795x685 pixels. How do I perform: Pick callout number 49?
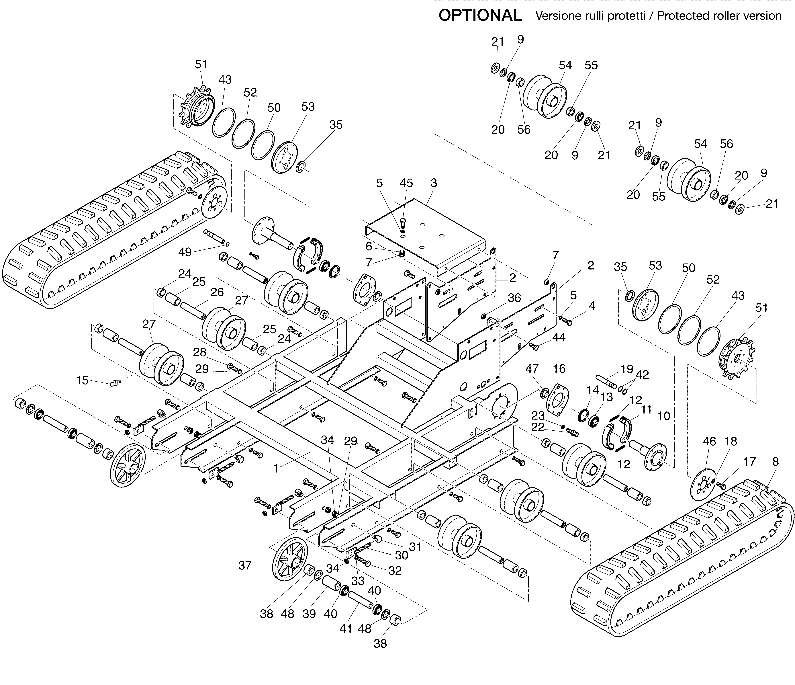(185, 252)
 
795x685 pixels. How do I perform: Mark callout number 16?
(559, 369)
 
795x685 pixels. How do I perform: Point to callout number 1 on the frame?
(275, 469)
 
